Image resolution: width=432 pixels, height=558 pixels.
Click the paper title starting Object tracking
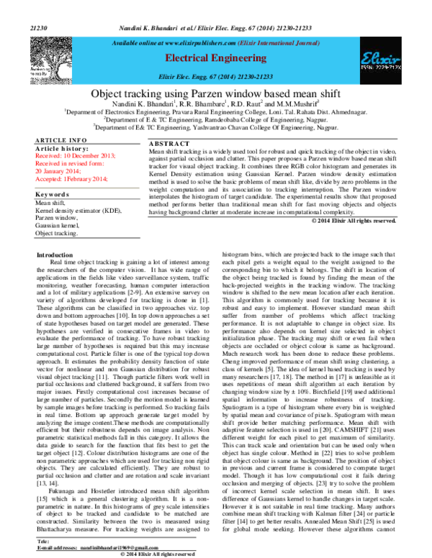coord(215,93)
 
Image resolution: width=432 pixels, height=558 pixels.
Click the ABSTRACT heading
coord(167,144)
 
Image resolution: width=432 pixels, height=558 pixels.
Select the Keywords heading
coord(52,195)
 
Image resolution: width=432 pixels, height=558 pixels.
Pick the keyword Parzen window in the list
coord(56,217)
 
